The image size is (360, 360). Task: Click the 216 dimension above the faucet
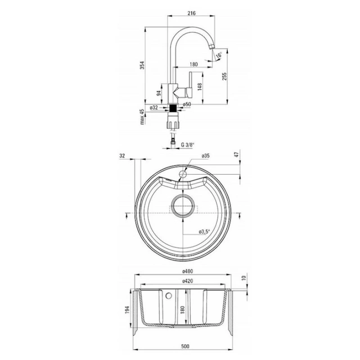click(x=191, y=13)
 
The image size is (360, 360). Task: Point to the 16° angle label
click(x=219, y=55)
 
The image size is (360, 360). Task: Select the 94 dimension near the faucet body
click(x=158, y=94)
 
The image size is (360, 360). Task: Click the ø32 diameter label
click(x=154, y=108)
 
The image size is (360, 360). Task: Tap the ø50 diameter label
click(x=188, y=104)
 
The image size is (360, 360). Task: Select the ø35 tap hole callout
click(x=206, y=156)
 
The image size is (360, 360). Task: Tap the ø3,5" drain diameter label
click(x=205, y=232)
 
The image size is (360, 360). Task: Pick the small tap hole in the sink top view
click(x=184, y=172)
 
